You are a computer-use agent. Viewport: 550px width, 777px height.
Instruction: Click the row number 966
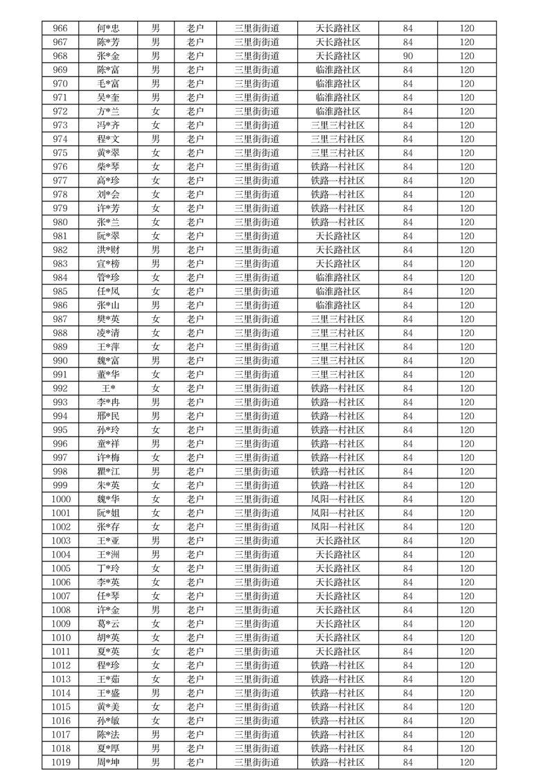[x=60, y=28]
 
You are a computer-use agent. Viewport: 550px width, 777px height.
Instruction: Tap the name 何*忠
[x=108, y=28]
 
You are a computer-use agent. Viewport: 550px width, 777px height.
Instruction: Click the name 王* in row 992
[x=108, y=388]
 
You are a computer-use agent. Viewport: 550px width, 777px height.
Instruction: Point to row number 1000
[x=60, y=499]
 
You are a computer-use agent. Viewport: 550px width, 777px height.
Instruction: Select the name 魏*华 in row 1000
[x=108, y=499]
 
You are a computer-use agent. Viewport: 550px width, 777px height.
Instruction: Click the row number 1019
[x=60, y=762]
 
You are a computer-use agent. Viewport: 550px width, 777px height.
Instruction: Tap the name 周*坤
[x=108, y=762]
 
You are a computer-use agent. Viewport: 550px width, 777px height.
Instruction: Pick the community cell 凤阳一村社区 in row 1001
[x=337, y=513]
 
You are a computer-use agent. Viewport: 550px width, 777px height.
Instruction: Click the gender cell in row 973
[x=156, y=125]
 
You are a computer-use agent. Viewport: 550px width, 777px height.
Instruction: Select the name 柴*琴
[x=108, y=167]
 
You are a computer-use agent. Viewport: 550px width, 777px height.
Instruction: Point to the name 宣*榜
[x=108, y=264]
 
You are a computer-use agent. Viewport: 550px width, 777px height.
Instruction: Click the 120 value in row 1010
[x=467, y=638]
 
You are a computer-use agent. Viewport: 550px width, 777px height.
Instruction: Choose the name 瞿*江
[x=108, y=472]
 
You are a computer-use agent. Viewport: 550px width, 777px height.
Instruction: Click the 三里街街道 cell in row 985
[x=257, y=292]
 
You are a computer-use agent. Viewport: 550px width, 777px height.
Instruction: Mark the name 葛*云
[x=108, y=624]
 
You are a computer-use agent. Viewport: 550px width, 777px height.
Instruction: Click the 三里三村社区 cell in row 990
[x=337, y=361]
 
